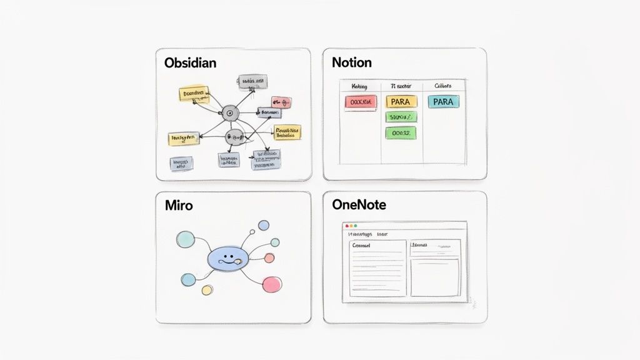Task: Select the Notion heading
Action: point(352,62)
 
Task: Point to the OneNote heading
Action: point(359,204)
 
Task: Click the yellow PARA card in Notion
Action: point(401,101)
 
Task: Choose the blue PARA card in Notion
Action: point(443,101)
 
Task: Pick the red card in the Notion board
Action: point(361,101)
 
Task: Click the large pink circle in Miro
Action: point(272,284)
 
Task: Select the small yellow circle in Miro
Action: point(207,290)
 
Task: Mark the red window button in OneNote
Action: point(345,226)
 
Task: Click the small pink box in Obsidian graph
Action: point(281,102)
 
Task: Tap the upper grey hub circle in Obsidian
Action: point(230,113)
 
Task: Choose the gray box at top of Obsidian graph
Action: point(252,82)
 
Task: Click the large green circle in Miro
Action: point(186,239)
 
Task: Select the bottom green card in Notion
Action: point(401,132)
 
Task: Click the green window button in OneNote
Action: point(356,226)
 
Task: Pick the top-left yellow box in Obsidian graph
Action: point(193,94)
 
